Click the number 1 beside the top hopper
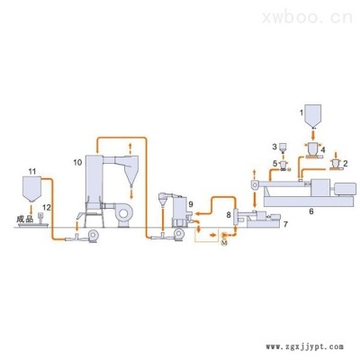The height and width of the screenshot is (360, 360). [301, 112]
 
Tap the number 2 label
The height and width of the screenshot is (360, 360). [346, 164]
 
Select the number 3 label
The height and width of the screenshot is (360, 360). [274, 147]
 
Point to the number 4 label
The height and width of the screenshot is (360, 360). [323, 149]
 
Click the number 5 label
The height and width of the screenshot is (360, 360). [274, 164]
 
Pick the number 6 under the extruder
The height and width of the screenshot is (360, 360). [311, 211]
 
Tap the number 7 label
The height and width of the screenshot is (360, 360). [285, 224]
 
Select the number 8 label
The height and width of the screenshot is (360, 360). [229, 215]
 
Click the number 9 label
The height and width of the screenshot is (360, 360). [191, 204]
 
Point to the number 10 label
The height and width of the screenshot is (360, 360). [77, 162]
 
